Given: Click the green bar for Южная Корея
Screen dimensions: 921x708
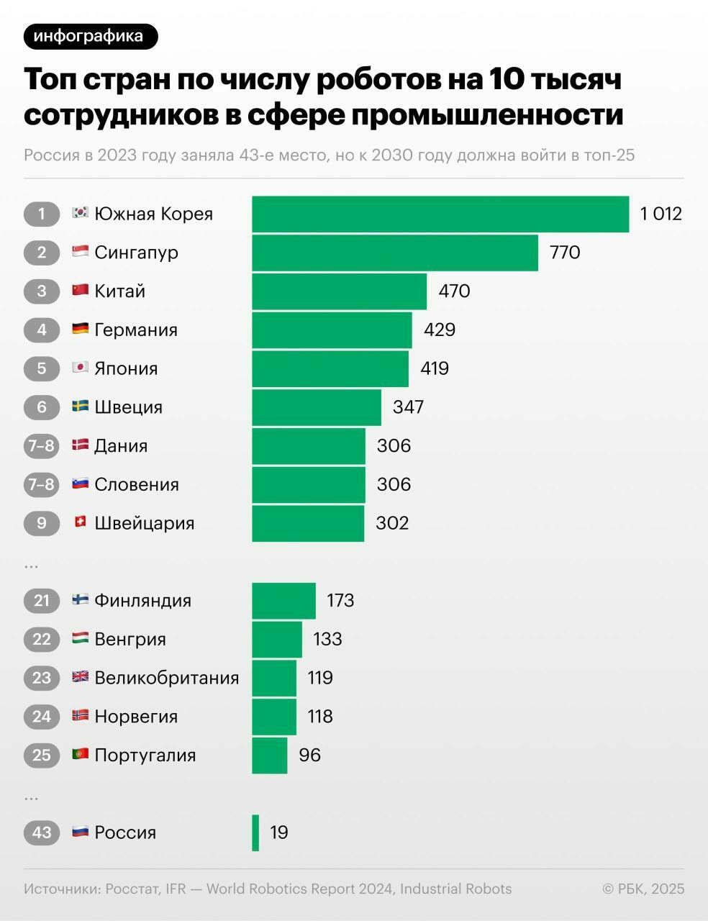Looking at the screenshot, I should pos(440,214).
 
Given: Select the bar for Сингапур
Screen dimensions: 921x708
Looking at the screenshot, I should pos(394,253).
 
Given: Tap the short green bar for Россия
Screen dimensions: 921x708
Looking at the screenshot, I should pos(255,832).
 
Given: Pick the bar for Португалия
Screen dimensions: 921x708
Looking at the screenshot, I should pos(269,755).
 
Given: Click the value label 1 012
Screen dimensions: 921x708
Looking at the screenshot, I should pos(661,214).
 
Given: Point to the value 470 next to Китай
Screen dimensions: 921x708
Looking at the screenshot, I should pos(454,291).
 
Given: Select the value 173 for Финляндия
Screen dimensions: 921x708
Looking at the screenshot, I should pos(340,600).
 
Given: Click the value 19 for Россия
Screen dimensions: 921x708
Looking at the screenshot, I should pos(279,832).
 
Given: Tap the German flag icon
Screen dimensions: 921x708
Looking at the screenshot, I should pos(80,329).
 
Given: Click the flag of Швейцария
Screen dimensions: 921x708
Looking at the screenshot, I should pos(80,522).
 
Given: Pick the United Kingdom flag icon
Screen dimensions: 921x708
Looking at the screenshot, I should pos(80,676).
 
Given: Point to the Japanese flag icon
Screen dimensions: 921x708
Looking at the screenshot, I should pos(80,368).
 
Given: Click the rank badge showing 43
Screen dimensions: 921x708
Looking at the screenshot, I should pos(42,832).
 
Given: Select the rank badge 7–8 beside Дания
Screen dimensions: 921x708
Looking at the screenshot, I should pos(42,445).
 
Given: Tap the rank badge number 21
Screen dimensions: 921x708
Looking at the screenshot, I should pos(42,600).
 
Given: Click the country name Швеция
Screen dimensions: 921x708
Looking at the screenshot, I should pos(128,407).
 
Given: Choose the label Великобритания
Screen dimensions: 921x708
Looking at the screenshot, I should pos(166,678).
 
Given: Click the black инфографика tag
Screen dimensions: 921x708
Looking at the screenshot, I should pos(89,36).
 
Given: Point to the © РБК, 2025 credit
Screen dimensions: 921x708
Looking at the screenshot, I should pos(643,889).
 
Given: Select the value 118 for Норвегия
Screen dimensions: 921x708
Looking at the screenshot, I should pos(320,716).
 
